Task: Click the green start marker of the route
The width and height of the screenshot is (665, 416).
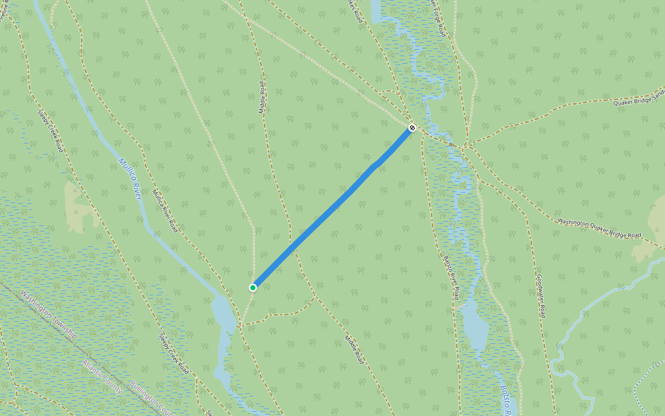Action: tap(254, 287)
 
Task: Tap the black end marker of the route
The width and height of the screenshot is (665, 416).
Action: tap(412, 128)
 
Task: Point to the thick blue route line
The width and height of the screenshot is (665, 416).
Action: tap(332, 208)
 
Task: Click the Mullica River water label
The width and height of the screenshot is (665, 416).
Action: tap(130, 179)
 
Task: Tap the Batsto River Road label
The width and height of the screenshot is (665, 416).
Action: tap(451, 277)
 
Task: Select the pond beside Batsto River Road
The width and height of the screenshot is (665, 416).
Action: tap(475, 326)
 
